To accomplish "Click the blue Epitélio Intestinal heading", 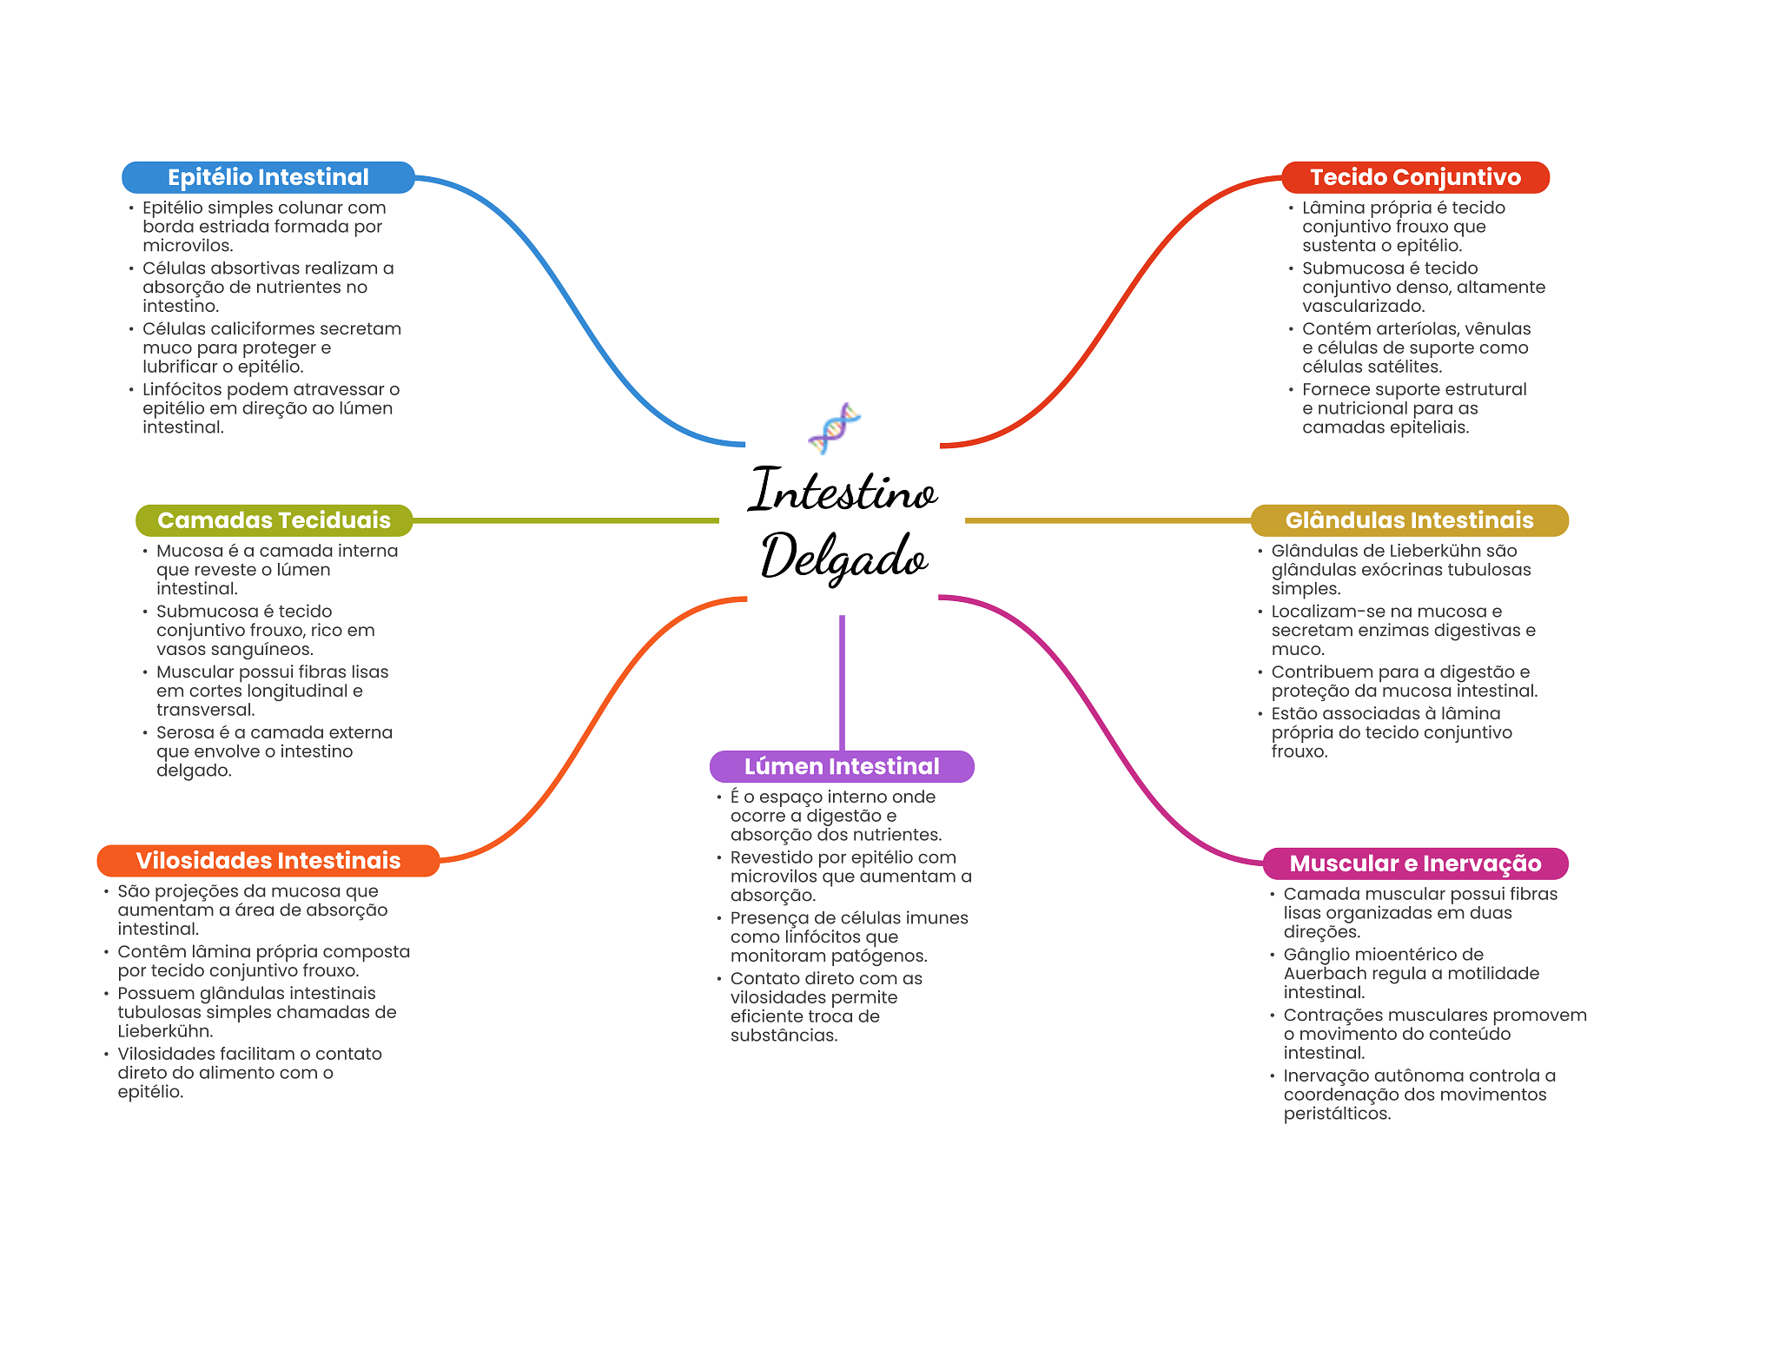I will [x=268, y=177].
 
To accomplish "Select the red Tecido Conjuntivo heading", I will [x=1415, y=177].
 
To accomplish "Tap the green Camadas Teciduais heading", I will [x=274, y=520].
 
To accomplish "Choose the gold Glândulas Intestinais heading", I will [x=1409, y=520].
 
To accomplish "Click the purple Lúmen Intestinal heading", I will [x=842, y=766].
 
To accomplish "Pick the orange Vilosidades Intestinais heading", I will [x=268, y=861].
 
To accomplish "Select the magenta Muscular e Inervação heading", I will [x=1415, y=863].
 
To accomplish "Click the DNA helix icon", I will [x=834, y=427].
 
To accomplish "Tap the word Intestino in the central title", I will [x=843, y=491].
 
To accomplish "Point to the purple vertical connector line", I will [x=842, y=682].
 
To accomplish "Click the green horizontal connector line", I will [x=565, y=520].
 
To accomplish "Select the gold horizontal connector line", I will [x=1108, y=520].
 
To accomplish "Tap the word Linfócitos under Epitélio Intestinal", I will [x=182, y=389].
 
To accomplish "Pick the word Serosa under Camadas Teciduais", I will [x=185, y=732].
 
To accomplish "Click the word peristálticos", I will [x=1337, y=1114].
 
